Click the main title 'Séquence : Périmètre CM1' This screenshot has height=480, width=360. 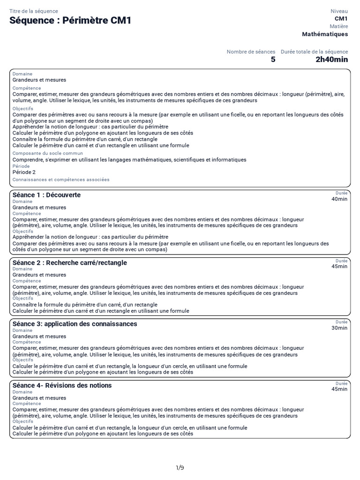click(70, 21)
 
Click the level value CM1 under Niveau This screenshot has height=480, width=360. click(341, 19)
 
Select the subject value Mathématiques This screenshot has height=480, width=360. click(325, 34)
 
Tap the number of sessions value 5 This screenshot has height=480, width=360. click(273, 60)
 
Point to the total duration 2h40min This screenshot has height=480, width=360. click(331, 60)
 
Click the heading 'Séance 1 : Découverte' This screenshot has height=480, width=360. click(46, 195)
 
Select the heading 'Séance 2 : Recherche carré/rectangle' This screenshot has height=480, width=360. click(69, 262)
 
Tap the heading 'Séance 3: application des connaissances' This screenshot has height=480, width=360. click(75, 324)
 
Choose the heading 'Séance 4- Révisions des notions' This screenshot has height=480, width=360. click(62, 385)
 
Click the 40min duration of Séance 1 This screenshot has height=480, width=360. click(339, 199)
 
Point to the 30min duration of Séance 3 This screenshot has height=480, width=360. click(339, 328)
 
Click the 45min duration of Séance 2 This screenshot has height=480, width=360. click(339, 266)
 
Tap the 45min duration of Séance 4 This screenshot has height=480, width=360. click(339, 389)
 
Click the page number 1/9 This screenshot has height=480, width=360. click(180, 467)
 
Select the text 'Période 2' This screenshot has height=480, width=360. click(24, 172)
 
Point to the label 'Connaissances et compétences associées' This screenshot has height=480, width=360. click(61, 180)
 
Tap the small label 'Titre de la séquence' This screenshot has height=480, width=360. click(34, 11)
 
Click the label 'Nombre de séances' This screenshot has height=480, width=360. click(251, 52)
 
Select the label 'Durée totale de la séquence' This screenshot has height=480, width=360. click(314, 52)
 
